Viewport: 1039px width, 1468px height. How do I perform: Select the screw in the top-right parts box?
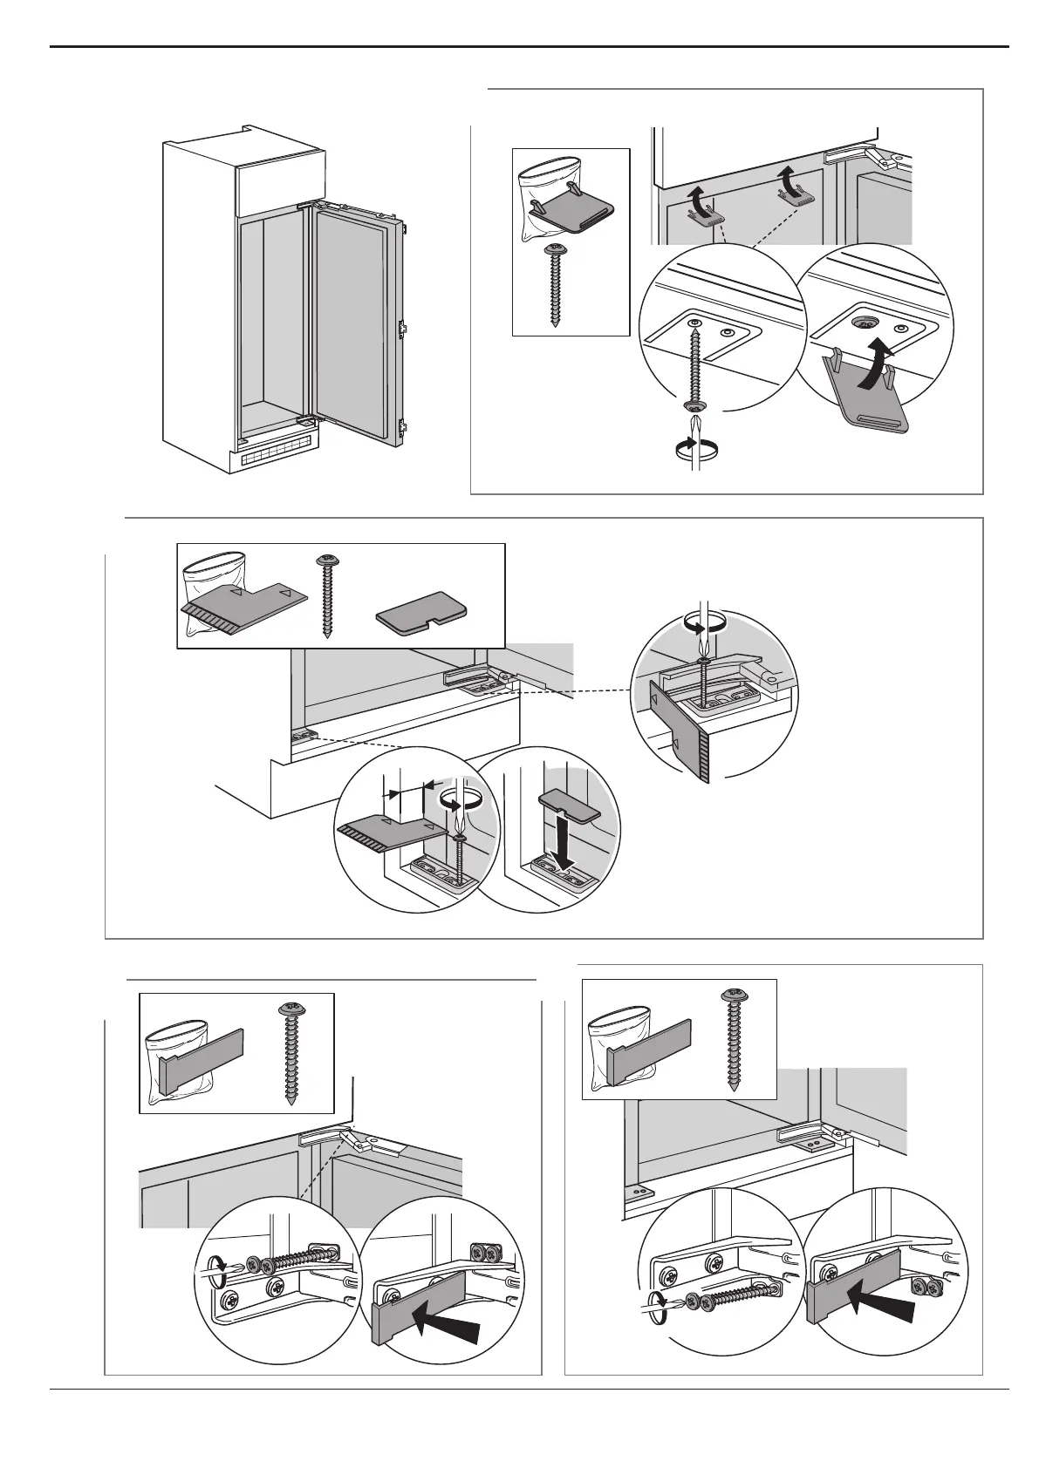click(x=556, y=284)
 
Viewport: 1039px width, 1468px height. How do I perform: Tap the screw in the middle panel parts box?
click(x=328, y=596)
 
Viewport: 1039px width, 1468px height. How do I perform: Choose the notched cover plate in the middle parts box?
click(x=421, y=617)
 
